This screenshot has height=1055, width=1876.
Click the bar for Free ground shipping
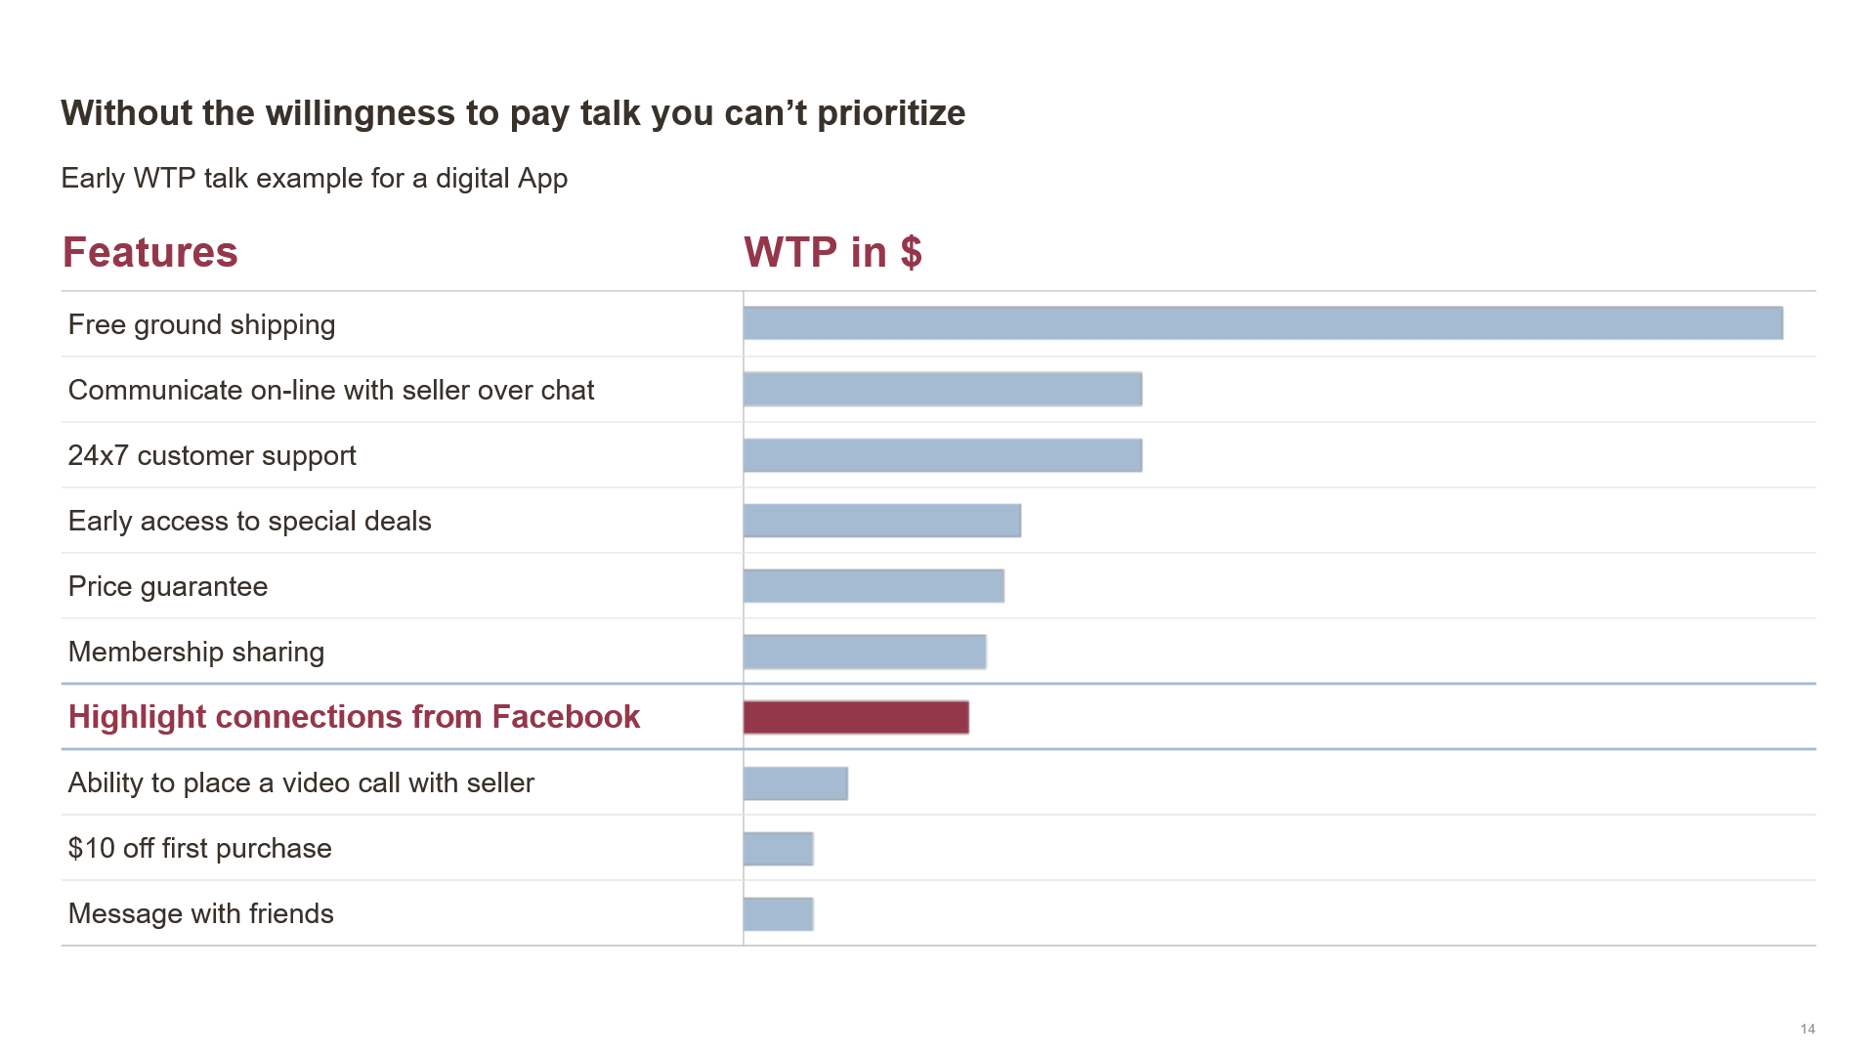point(1262,323)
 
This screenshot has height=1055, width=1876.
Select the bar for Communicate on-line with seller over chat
point(942,389)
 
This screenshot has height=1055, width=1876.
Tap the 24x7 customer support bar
point(942,455)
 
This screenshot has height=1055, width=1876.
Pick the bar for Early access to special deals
point(881,521)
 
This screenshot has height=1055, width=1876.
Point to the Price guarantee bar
point(873,586)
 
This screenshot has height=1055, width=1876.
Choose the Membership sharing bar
point(864,652)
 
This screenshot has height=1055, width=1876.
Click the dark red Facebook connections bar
point(856,717)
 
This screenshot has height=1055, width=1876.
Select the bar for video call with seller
point(795,783)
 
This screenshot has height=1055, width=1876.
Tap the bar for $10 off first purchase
point(778,849)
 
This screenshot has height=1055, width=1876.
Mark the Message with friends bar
point(778,914)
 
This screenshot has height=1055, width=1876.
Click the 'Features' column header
point(149,252)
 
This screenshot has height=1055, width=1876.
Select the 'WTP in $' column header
point(832,252)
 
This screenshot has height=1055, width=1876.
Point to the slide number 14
point(1807,1029)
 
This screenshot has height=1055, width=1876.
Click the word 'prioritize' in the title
point(890,113)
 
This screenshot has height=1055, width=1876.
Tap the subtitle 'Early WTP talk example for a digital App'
point(314,178)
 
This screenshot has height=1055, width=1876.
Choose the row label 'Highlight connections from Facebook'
point(354,717)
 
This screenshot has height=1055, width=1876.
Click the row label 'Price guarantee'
point(167,586)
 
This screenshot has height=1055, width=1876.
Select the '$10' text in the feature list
point(91,848)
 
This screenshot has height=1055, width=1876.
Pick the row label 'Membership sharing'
point(195,652)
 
